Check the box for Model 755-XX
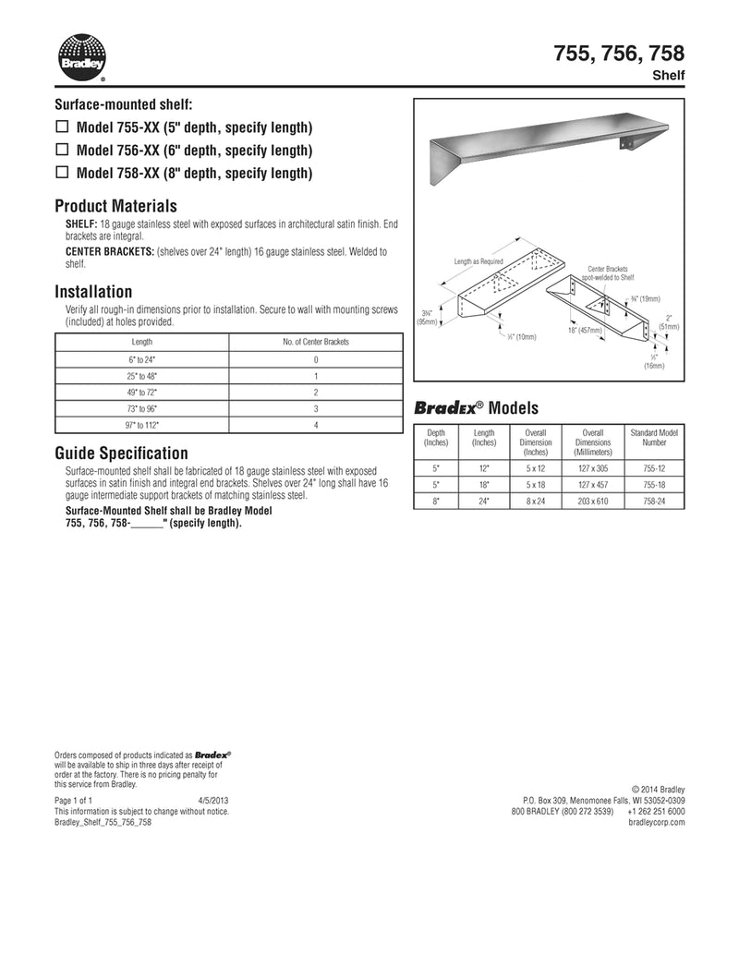point(63,126)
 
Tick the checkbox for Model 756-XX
point(63,149)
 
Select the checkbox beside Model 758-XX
point(63,172)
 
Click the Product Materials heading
point(115,206)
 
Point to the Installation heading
point(93,292)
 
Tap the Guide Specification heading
point(121,453)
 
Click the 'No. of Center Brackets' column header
point(316,342)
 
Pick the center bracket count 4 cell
point(316,425)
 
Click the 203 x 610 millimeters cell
point(592,501)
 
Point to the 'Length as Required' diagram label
point(479,261)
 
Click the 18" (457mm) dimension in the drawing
point(585,330)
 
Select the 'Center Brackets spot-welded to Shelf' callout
point(608,272)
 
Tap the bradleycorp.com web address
point(656,822)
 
